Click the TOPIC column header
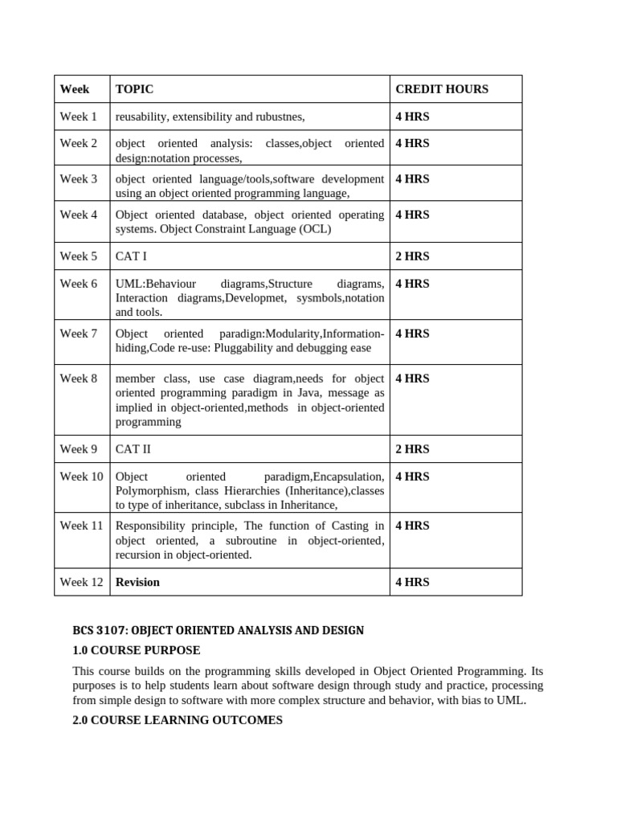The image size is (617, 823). (x=134, y=89)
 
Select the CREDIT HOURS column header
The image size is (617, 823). (x=441, y=89)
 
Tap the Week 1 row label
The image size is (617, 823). (x=78, y=117)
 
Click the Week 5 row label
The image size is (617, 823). (x=78, y=256)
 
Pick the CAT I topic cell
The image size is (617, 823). (x=131, y=256)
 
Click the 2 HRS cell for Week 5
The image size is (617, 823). (x=412, y=256)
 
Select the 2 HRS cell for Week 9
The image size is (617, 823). (x=412, y=449)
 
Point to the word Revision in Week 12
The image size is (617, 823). (x=137, y=582)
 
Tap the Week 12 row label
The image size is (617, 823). (x=81, y=582)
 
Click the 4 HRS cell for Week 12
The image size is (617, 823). (x=412, y=582)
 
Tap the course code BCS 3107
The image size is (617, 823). (x=98, y=630)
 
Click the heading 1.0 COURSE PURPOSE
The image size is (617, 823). (x=136, y=650)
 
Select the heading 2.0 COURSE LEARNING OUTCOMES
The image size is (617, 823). (x=177, y=720)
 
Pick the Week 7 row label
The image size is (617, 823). (x=78, y=334)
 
